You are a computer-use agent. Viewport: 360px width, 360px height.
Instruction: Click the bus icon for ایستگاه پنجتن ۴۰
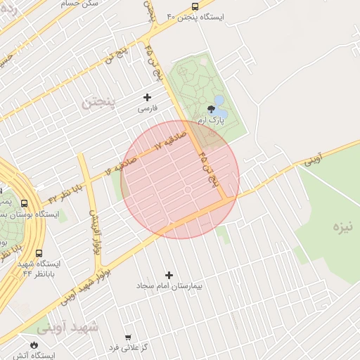coord(194,6)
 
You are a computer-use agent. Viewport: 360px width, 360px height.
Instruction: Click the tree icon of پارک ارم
coord(210,108)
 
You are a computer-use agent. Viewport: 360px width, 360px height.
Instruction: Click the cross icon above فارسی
coord(147,97)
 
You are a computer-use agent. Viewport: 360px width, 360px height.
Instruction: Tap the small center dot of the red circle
coord(188,190)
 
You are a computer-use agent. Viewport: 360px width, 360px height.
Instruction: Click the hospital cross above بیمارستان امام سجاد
coord(169,275)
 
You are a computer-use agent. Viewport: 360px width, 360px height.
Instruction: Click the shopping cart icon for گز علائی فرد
coord(127,337)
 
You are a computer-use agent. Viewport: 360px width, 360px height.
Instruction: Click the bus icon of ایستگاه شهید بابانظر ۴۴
coord(38,253)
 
